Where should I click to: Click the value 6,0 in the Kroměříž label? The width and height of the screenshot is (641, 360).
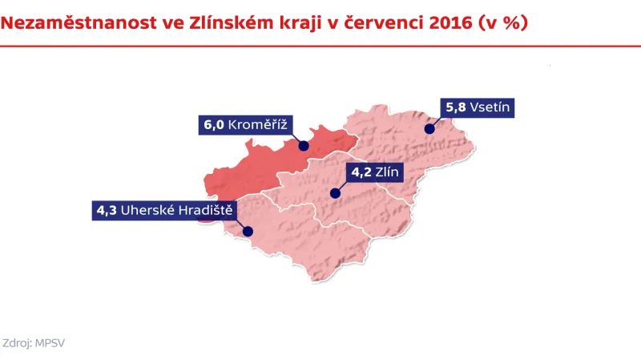213,125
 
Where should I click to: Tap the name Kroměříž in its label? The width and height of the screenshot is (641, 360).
258,125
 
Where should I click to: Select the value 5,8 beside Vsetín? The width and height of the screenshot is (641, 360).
456,106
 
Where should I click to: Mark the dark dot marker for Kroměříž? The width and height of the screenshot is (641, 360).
304,146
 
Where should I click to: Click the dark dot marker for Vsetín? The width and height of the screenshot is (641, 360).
429,128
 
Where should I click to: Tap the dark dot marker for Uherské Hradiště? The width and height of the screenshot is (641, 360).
248,233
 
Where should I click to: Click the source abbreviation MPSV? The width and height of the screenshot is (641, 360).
50,342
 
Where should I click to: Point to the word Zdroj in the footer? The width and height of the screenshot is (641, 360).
18,342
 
